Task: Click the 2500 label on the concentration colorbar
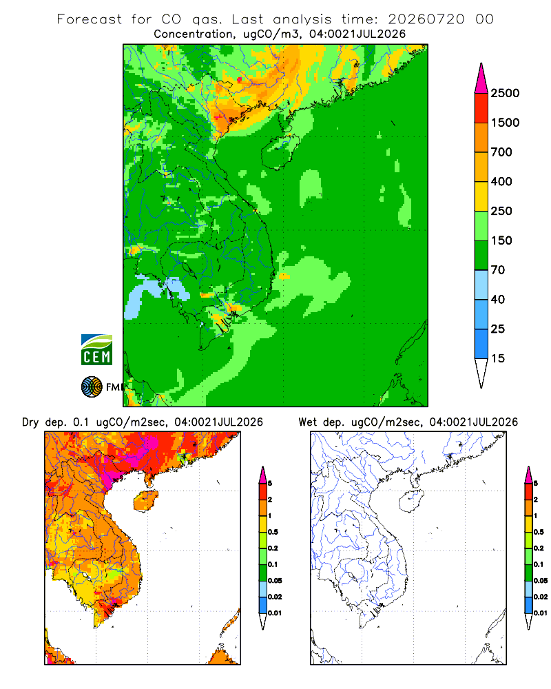[x=505, y=93]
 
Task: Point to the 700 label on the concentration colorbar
[x=501, y=152]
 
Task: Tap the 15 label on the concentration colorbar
[x=498, y=358]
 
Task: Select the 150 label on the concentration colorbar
[x=501, y=240]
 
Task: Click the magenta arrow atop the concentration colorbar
[x=481, y=80]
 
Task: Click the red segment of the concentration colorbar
[x=481, y=108]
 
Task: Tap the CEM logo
[x=96, y=350]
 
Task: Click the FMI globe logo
[x=92, y=387]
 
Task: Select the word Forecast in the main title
[x=90, y=19]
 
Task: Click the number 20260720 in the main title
[x=426, y=19]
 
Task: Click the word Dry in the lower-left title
[x=30, y=423]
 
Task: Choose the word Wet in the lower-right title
[x=307, y=422]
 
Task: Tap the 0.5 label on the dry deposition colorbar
[x=273, y=532]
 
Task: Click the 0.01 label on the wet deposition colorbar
[x=541, y=613]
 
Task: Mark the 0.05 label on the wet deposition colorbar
[x=541, y=580]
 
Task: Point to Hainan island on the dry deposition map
[x=145, y=501]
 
